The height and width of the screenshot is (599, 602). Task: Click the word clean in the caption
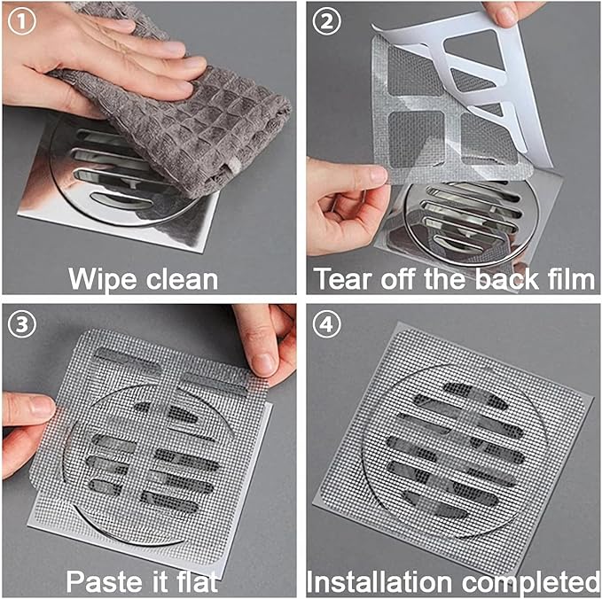[x=177, y=279]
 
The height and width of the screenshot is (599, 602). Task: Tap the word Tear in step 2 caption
[x=347, y=279]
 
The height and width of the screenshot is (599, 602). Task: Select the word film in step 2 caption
[x=569, y=279]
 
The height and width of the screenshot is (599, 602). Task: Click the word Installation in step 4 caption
[x=379, y=581]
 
